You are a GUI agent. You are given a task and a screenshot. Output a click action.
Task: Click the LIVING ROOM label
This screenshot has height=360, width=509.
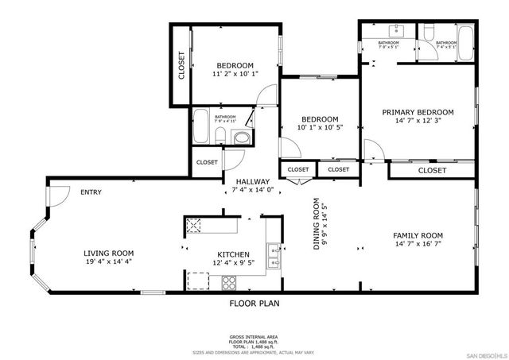tap(109, 254)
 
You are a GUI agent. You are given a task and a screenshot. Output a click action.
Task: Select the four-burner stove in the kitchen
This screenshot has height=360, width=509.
tap(231, 281)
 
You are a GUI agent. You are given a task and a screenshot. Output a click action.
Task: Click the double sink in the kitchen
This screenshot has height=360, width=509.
tap(274, 254)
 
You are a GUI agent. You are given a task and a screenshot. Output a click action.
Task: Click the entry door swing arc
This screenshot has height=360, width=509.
tap(57, 195)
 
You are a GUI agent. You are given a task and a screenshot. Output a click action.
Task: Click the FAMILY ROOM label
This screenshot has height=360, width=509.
tap(418, 236)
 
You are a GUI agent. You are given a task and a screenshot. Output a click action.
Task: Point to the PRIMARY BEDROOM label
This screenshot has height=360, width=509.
tap(418, 112)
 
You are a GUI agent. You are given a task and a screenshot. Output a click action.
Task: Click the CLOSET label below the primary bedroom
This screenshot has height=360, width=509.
tap(432, 170)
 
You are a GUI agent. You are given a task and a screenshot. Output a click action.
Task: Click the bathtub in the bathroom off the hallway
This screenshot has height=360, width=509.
tap(202, 127)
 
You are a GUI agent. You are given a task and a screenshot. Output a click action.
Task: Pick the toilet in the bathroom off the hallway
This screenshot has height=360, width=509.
tap(240, 137)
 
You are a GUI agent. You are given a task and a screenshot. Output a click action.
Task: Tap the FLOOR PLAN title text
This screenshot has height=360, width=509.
tap(254, 303)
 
